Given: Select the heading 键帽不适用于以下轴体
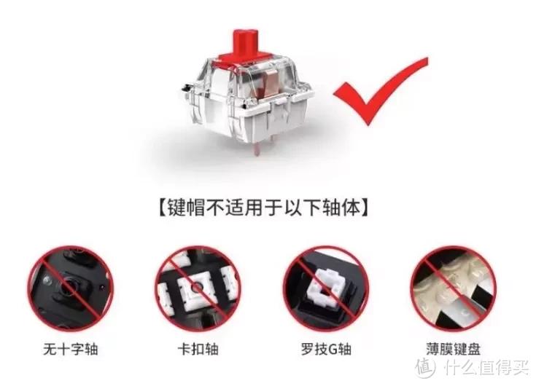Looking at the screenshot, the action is point(263,207).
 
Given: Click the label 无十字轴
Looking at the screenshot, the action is point(71,349).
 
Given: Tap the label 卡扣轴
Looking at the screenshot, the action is point(198,349).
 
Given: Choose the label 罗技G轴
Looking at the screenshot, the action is point(326,349).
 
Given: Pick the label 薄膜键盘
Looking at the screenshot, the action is point(454,349).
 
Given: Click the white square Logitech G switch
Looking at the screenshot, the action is point(327,288).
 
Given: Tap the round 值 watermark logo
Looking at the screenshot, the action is point(426,368).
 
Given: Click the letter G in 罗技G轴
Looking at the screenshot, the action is point(333,350).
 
